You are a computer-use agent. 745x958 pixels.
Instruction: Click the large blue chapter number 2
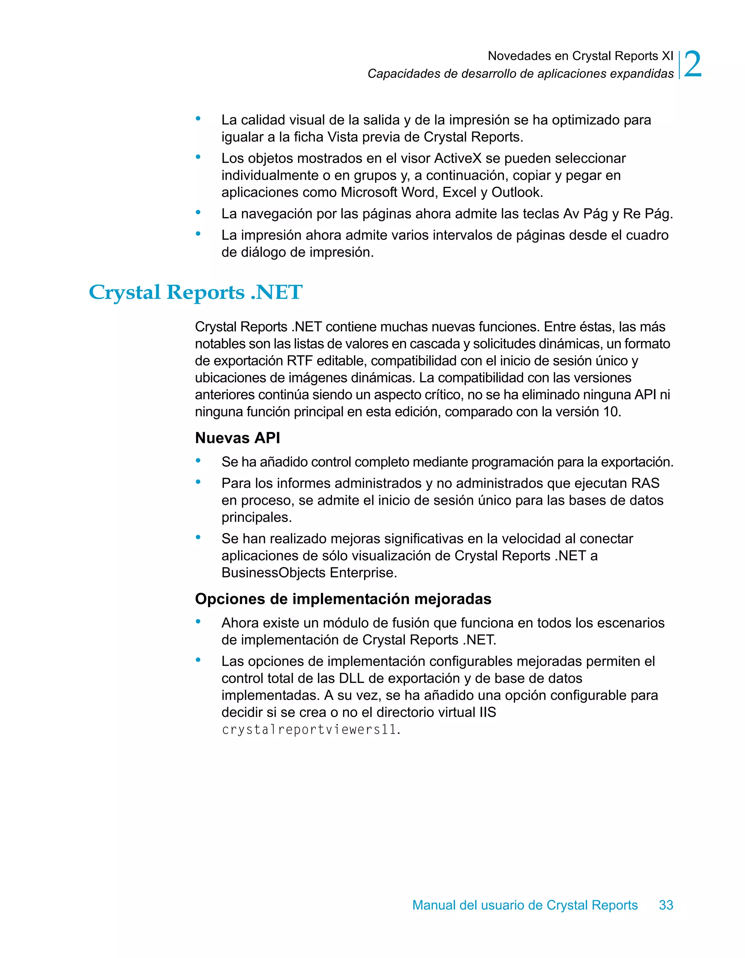point(692,65)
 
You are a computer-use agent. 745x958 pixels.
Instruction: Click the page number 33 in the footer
point(666,905)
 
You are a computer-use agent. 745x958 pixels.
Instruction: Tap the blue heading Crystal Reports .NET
point(195,292)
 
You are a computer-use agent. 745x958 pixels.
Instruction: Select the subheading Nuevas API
point(238,438)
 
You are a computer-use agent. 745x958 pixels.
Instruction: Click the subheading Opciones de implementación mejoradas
point(343,599)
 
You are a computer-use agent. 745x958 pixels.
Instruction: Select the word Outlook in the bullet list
point(517,192)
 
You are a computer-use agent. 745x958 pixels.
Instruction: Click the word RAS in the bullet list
point(645,483)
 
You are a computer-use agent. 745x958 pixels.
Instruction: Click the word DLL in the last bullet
point(351,678)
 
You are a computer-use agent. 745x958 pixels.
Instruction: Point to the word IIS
point(487,712)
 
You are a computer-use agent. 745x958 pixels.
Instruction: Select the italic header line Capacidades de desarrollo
point(520,74)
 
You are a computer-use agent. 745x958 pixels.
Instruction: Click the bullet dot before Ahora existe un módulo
point(198,622)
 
